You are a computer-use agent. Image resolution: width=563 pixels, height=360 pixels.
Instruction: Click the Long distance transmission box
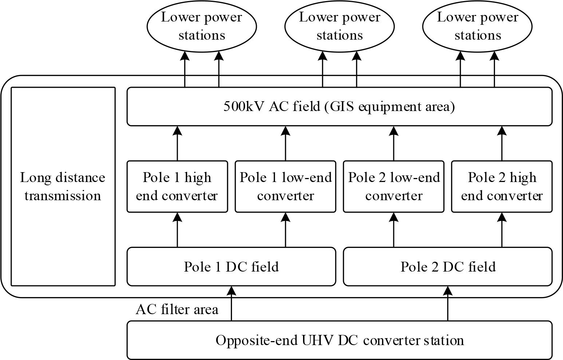[x=63, y=186]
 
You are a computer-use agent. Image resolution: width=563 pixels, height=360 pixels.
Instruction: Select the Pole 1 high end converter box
[x=177, y=186]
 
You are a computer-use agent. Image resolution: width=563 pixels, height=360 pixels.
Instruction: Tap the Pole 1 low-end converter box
[x=286, y=186]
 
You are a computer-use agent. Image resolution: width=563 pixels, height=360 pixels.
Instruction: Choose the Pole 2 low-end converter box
[x=394, y=186]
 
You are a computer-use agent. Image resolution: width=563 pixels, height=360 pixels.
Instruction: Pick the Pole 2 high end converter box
[x=502, y=186]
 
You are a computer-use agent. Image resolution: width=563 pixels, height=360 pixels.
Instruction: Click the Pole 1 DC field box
[x=231, y=267]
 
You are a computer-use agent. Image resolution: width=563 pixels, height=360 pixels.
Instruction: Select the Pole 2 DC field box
[x=448, y=267]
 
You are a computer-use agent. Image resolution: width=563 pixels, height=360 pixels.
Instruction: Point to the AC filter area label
[x=177, y=309]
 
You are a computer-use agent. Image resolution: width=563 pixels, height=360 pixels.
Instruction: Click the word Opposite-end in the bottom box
[x=257, y=340]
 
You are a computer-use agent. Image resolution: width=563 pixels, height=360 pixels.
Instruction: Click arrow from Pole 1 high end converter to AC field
[x=177, y=143]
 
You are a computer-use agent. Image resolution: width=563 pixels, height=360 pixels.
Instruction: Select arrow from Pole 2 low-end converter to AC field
[x=394, y=143]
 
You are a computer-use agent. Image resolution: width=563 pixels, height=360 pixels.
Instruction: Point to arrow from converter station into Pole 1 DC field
[x=231, y=303]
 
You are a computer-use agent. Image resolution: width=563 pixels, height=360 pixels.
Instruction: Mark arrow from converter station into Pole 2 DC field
[x=448, y=303]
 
